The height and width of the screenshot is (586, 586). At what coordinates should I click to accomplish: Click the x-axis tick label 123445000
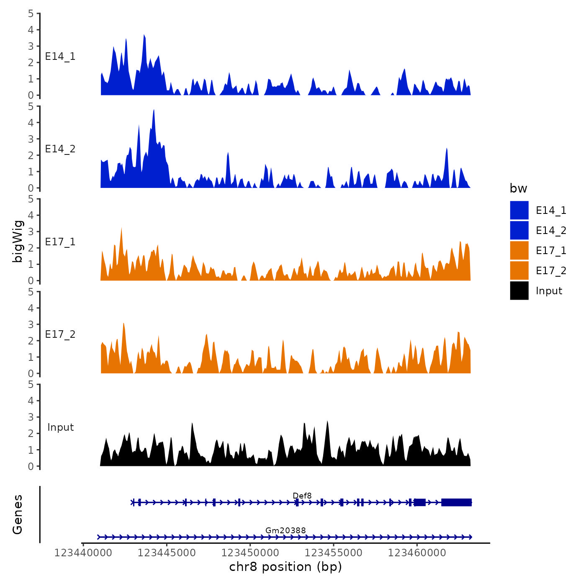[x=167, y=553]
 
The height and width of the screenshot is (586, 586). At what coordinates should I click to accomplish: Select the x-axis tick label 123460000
[x=417, y=553]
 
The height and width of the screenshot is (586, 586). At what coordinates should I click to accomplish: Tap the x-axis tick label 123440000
[x=83, y=553]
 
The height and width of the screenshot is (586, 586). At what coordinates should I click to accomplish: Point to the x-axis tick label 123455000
[x=334, y=553]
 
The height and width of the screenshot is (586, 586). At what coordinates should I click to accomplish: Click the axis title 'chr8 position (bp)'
[x=285, y=567]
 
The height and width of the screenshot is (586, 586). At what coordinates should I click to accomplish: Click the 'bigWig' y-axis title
[x=18, y=241]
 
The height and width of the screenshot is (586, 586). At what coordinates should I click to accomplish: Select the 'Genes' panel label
[x=18, y=514]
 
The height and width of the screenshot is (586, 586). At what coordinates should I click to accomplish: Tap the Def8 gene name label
[x=302, y=496]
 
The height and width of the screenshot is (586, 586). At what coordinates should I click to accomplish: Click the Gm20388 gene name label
[x=285, y=530]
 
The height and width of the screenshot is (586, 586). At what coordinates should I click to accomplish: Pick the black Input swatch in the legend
[x=519, y=290]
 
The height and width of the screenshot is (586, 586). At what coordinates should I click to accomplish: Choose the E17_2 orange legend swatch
[x=519, y=270]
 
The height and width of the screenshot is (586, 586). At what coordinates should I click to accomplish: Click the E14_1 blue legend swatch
[x=519, y=210]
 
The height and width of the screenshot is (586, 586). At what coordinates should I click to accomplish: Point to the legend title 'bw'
[x=518, y=188]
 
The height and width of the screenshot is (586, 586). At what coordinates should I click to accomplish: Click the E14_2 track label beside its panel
[x=60, y=149]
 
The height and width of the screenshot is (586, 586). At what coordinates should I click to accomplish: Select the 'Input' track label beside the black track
[x=60, y=427]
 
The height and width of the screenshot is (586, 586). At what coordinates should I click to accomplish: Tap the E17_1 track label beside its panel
[x=60, y=242]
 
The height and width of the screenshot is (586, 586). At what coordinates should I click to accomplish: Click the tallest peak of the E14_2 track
[x=154, y=111]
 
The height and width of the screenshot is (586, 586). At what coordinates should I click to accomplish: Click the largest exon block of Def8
[x=456, y=502]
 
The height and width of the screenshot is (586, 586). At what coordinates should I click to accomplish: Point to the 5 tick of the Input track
[x=31, y=384]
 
